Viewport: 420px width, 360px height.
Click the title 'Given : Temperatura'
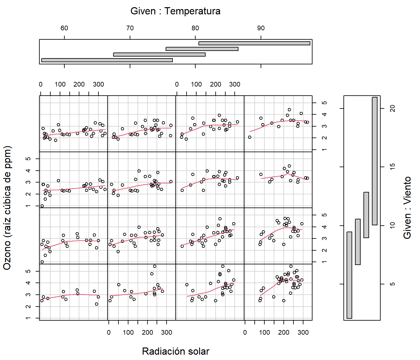175,11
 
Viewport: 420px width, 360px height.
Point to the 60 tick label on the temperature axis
64,28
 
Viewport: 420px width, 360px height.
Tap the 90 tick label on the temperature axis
261,28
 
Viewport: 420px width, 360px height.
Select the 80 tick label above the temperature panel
195,28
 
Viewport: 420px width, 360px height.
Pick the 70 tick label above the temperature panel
130,28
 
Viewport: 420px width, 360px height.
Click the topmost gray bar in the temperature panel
254,43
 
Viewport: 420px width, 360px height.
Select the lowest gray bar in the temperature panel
107,60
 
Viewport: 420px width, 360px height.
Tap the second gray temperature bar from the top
202,49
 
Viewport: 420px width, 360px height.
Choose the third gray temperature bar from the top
159,54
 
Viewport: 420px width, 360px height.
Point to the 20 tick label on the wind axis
393,108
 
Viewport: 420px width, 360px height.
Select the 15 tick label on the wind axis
393,167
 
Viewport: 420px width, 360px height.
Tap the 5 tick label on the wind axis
393,284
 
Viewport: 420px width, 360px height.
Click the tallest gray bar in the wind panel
374,161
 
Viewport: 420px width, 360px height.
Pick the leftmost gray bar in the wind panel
349,275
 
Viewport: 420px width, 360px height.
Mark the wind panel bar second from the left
358,242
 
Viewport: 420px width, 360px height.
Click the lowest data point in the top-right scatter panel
250,137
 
